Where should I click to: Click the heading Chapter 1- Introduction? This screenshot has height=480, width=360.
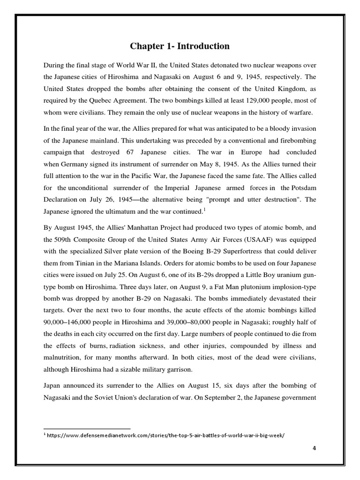tap(180, 46)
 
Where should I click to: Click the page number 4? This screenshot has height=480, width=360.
tap(315, 448)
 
